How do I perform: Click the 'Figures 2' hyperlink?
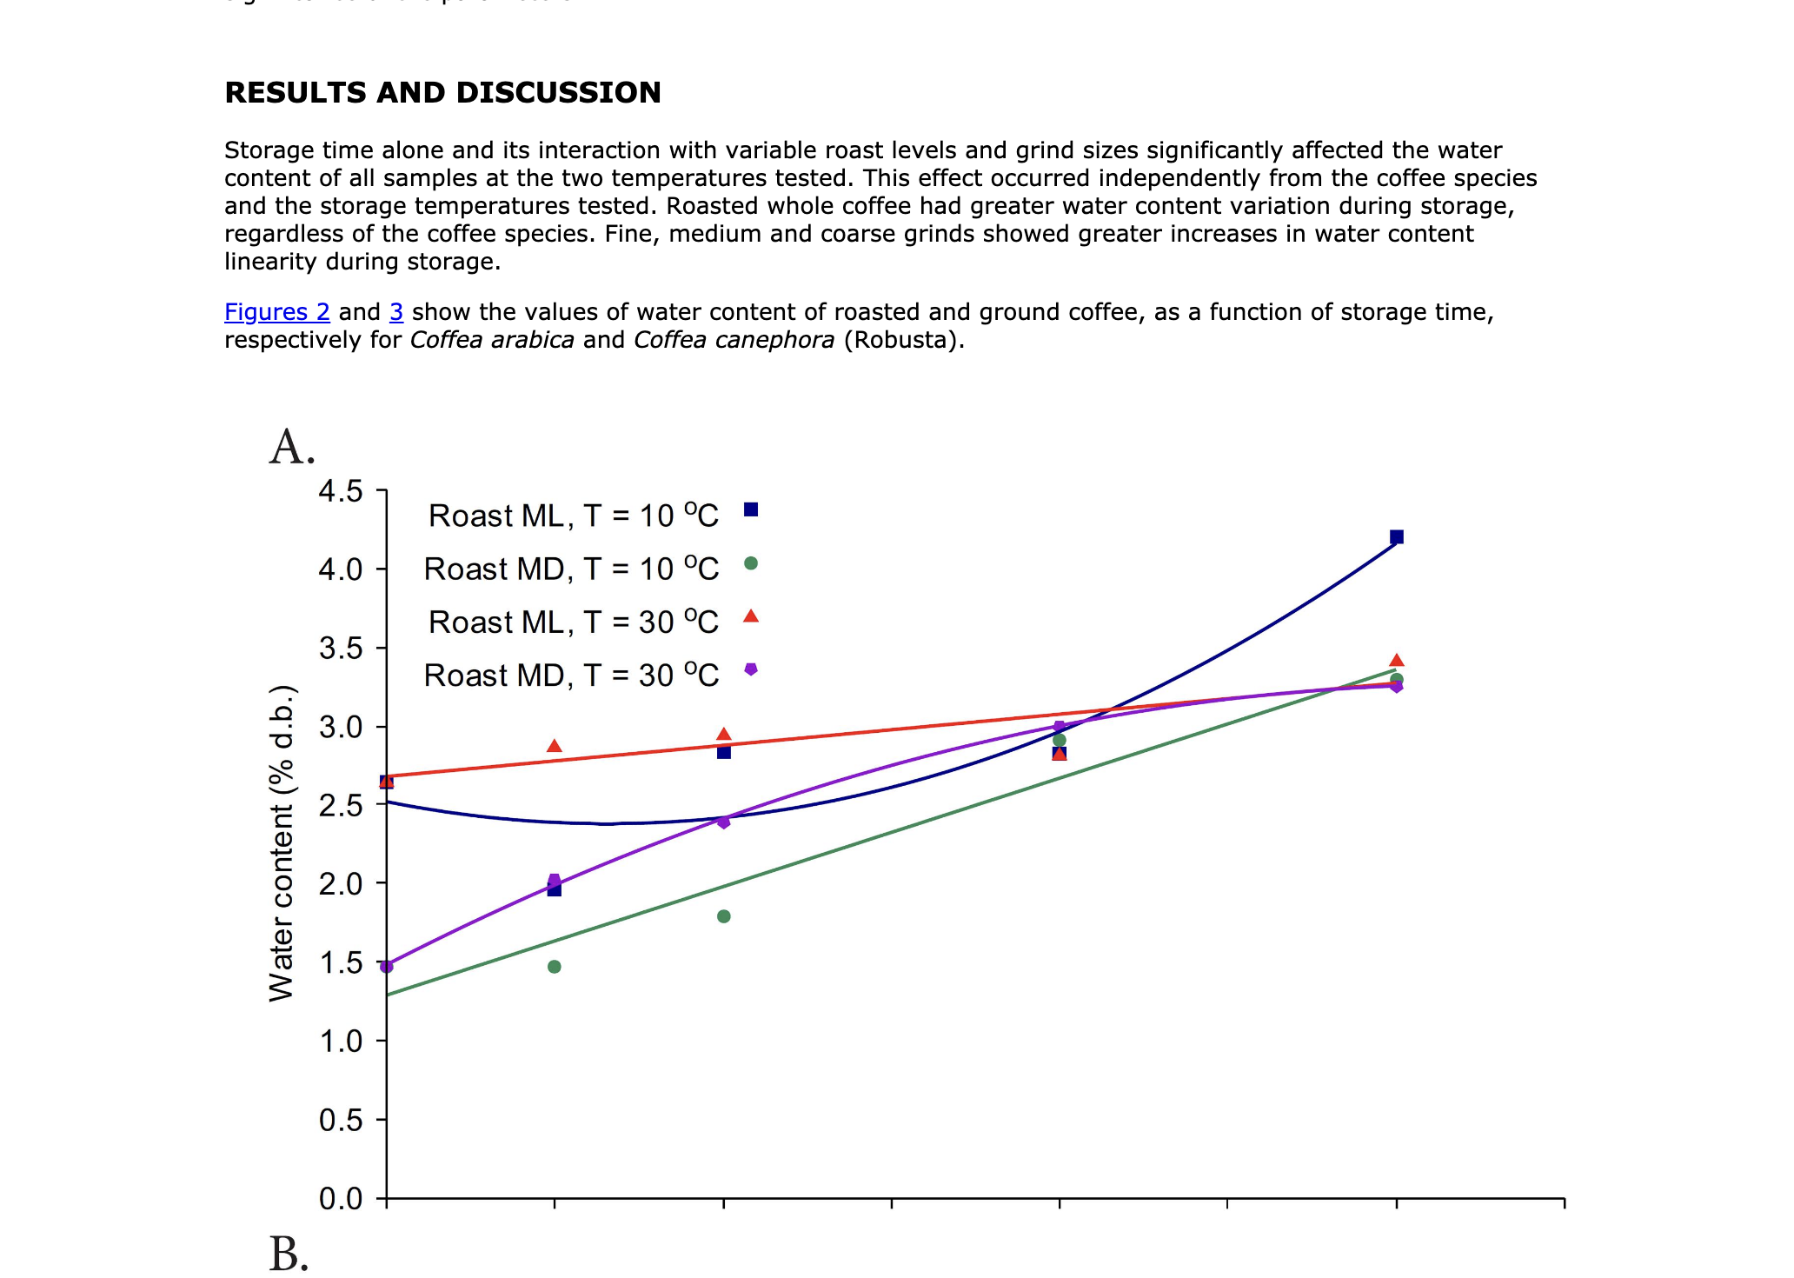tap(276, 312)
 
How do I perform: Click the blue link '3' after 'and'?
tap(396, 312)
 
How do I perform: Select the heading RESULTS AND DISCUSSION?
tap(442, 92)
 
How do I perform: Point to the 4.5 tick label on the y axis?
tap(340, 491)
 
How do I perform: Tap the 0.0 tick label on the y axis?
tap(340, 1199)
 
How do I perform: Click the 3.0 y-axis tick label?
tap(340, 727)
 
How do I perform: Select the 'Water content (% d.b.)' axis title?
tap(282, 843)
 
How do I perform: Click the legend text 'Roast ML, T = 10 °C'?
tap(573, 516)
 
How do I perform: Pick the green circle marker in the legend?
tap(751, 563)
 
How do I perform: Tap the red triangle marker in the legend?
tap(751, 616)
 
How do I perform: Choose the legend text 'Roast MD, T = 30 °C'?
tap(571, 676)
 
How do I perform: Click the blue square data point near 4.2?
tap(1396, 537)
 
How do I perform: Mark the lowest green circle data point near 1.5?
tap(555, 967)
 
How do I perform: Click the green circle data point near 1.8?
tap(724, 916)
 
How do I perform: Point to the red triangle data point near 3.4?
tap(1396, 661)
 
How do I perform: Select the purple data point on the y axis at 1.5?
tap(388, 966)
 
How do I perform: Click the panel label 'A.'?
tap(292, 448)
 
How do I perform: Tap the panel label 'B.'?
tap(289, 1255)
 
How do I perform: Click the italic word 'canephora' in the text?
tap(734, 340)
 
